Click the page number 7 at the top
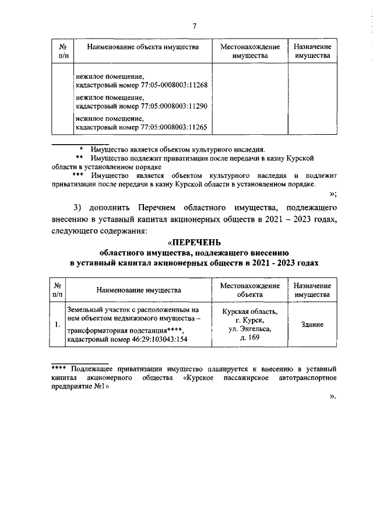pyautogui.click(x=195, y=25)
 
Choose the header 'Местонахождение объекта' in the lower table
pyautogui.click(x=249, y=291)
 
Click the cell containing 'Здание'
pyautogui.click(x=312, y=325)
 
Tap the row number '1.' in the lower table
pyautogui.click(x=57, y=325)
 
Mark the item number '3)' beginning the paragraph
pyautogui.click(x=79, y=208)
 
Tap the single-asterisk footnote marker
pyautogui.click(x=82, y=149)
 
